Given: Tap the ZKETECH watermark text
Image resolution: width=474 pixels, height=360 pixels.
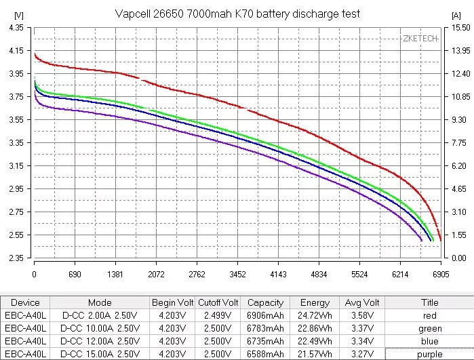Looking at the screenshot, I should pyautogui.click(x=421, y=39).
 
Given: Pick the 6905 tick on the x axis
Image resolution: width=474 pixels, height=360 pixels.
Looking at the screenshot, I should pyautogui.click(x=441, y=275).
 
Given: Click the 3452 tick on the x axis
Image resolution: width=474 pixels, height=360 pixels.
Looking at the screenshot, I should pyautogui.click(x=237, y=275).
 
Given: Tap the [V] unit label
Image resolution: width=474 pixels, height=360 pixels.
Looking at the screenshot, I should pyautogui.click(x=18, y=14).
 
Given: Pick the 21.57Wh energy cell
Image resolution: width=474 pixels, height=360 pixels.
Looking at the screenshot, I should pyautogui.click(x=314, y=353).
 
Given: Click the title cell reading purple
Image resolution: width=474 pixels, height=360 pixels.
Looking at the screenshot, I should pyautogui.click(x=430, y=353).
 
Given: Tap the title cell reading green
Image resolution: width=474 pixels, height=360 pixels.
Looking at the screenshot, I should pyautogui.click(x=430, y=328).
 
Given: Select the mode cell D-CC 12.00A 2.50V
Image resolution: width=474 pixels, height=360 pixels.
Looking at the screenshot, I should pyautogui.click(x=100, y=341).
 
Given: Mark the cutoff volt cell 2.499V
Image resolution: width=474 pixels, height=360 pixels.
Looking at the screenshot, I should pyautogui.click(x=218, y=315).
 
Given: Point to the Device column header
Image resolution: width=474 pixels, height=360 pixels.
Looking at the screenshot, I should pyautogui.click(x=26, y=302).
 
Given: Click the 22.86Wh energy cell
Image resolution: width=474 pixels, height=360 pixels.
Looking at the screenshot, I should pyautogui.click(x=314, y=328).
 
